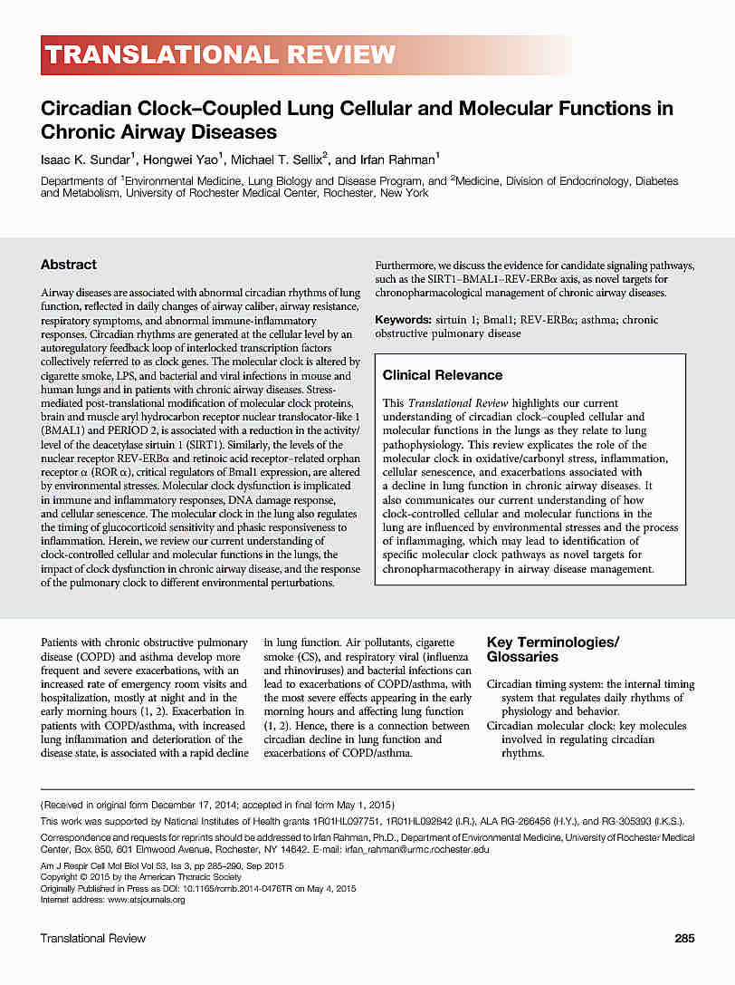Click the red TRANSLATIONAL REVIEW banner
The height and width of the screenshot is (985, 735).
pyautogui.click(x=220, y=55)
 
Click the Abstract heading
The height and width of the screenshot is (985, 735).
pyautogui.click(x=69, y=265)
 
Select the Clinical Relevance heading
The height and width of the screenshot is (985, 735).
pyautogui.click(x=443, y=375)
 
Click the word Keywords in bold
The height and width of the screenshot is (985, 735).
pyautogui.click(x=404, y=320)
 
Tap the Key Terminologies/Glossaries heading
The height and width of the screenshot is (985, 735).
pyautogui.click(x=553, y=649)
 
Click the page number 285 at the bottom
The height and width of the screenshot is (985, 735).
pyautogui.click(x=684, y=938)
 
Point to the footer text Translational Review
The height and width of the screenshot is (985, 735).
pyautogui.click(x=93, y=938)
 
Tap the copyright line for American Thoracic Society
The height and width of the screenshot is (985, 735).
pyautogui.click(x=141, y=877)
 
